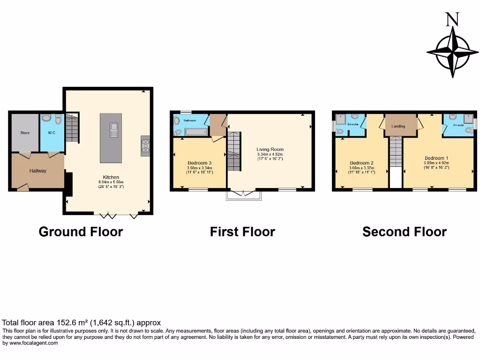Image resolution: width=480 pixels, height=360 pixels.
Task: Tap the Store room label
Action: coord(25,133)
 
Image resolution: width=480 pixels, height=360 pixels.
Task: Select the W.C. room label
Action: coord(52,133)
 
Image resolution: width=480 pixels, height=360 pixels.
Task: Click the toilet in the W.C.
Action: coord(58,120)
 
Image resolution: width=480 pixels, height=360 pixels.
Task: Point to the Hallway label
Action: coord(38,171)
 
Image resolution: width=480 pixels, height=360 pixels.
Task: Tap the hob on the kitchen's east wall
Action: coord(145,145)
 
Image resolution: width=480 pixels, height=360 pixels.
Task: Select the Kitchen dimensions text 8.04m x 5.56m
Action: coord(111,182)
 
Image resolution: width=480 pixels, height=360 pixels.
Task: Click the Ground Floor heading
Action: coord(81,232)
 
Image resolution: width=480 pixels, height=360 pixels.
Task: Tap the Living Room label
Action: coord(270,150)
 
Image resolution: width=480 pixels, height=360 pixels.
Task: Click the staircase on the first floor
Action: coord(233,151)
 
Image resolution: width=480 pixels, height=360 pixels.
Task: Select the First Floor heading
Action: coord(242,232)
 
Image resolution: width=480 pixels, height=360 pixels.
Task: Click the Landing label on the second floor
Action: coord(398,126)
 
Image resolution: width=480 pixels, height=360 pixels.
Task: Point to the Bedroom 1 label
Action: coord(436,158)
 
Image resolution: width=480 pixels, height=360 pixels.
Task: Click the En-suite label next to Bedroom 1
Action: coord(458,126)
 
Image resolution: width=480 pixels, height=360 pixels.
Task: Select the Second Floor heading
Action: coord(404,232)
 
